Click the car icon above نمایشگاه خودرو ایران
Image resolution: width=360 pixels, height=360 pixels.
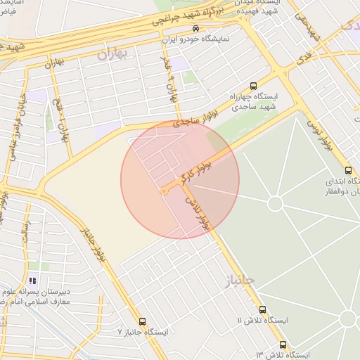tap(195, 28)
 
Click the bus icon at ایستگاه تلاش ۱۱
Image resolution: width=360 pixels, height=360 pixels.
tap(262, 309)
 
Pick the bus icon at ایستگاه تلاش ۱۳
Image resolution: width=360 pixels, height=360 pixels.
tap(283, 345)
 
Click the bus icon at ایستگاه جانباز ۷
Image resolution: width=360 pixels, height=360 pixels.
tap(143, 321)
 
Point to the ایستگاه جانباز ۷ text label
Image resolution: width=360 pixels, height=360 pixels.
tap(143, 331)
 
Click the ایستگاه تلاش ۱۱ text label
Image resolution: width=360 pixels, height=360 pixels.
tap(263, 320)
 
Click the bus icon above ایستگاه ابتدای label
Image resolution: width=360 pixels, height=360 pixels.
tap(348, 169)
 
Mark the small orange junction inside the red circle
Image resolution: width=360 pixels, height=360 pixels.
tap(164, 191)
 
